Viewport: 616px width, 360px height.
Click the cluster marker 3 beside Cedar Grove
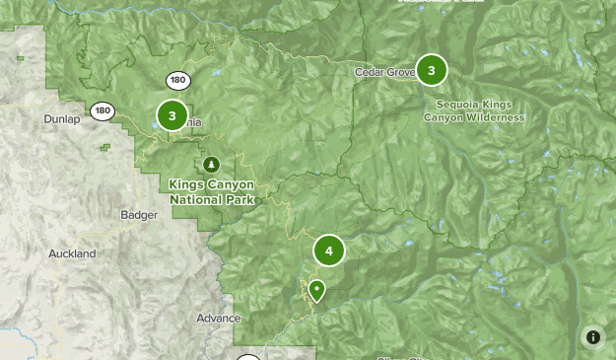click(x=431, y=70)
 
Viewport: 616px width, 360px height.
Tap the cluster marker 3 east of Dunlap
click(x=171, y=116)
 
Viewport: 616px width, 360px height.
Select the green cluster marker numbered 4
click(x=329, y=251)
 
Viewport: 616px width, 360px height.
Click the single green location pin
click(x=316, y=291)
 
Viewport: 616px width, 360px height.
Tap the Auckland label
click(x=72, y=253)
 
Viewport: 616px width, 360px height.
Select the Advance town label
click(x=218, y=319)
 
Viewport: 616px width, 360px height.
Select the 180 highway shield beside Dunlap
click(x=103, y=111)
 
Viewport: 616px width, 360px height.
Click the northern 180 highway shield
click(x=178, y=81)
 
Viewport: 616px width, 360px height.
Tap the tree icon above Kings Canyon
click(x=210, y=164)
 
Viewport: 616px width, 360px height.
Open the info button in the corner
click(x=592, y=336)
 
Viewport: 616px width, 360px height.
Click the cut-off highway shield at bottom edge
click(x=248, y=357)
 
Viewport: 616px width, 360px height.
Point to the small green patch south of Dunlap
click(x=104, y=148)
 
